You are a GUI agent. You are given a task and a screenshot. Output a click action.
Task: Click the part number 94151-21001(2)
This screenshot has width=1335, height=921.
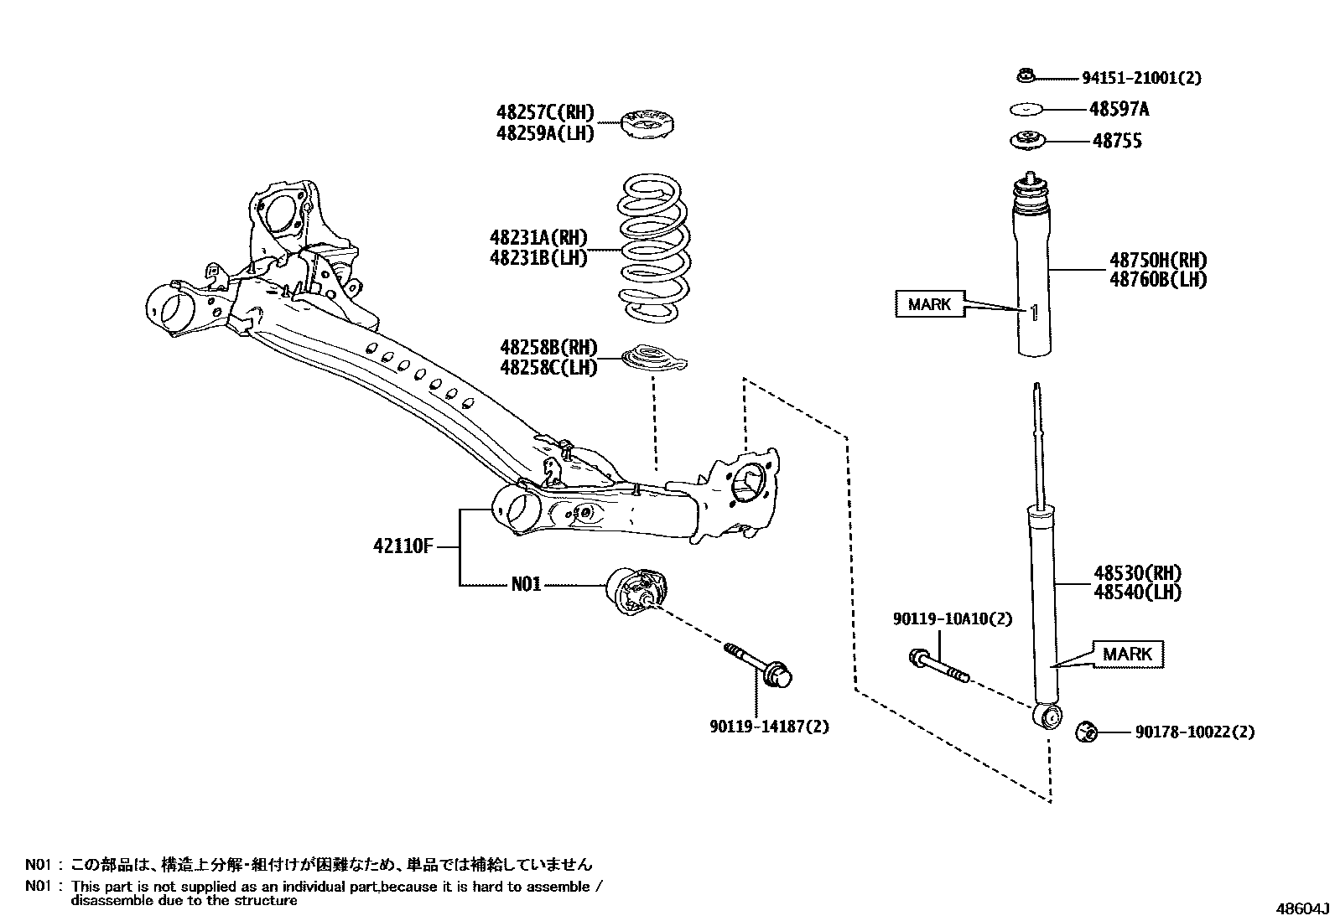[1141, 78]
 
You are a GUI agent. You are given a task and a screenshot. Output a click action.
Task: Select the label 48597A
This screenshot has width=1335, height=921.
[1119, 109]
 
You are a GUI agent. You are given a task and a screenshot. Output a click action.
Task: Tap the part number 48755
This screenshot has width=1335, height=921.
[1116, 142]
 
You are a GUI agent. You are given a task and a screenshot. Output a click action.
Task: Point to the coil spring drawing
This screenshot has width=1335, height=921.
[655, 249]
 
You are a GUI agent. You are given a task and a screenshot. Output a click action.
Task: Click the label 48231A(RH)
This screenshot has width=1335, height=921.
[538, 239]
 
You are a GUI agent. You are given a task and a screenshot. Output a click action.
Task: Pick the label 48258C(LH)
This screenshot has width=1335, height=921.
[548, 367]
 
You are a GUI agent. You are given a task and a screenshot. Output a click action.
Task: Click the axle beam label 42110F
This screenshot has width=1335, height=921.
[403, 547]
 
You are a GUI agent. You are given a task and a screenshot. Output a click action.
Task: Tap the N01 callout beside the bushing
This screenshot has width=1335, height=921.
[526, 584]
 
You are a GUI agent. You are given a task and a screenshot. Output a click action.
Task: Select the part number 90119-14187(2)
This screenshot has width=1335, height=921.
[767, 727]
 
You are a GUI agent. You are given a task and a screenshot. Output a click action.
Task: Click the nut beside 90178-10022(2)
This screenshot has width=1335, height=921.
[1087, 732]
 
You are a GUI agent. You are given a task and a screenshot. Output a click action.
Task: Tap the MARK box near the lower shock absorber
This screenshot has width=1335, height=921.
[1127, 654]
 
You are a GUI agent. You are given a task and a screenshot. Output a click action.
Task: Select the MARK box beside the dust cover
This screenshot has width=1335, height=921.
[929, 304]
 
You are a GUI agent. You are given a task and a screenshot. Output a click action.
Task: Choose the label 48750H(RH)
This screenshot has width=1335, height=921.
[1158, 261]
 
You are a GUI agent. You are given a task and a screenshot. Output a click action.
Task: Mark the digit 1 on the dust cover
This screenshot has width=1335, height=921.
[1034, 313]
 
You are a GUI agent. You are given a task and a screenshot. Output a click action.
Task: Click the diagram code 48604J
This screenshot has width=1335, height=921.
[1303, 909]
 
